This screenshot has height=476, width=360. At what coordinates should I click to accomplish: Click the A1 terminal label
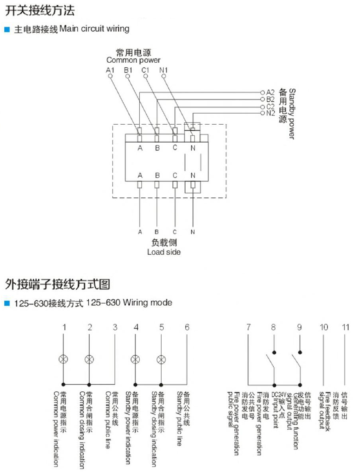(110, 70)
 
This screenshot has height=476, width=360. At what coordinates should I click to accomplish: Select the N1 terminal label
(164, 70)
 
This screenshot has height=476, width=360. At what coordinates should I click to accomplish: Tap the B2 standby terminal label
(270, 99)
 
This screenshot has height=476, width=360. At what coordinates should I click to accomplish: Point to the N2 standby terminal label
(270, 113)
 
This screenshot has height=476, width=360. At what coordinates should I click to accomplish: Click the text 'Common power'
(133, 60)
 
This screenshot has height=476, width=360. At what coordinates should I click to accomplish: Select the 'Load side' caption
(164, 252)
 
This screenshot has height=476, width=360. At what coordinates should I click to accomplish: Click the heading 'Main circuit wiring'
(94, 29)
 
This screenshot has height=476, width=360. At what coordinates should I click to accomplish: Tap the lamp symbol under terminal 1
(63, 359)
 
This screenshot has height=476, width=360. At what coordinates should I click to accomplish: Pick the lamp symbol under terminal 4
(136, 359)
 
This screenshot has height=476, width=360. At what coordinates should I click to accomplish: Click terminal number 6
(187, 327)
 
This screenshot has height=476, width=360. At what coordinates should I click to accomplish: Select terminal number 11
(346, 327)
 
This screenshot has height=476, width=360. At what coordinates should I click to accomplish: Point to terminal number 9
(300, 327)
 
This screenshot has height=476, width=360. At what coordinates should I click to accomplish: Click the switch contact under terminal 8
(269, 362)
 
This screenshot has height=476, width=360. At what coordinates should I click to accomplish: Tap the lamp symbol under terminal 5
(161, 359)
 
